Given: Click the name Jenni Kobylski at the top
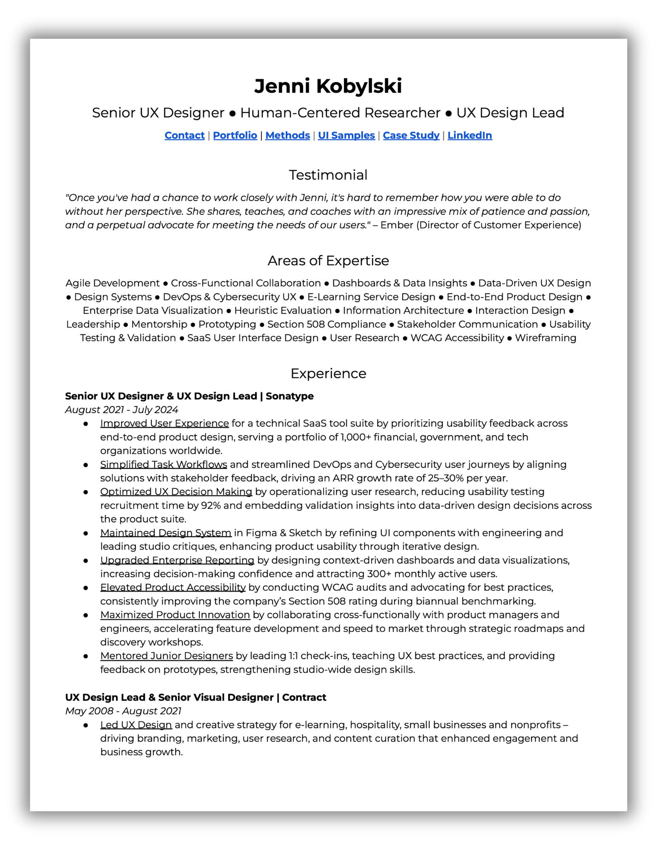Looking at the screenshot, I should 328,86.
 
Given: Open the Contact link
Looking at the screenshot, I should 185,135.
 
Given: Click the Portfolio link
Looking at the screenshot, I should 235,135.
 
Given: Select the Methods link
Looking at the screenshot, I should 287,135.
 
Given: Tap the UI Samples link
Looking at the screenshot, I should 346,135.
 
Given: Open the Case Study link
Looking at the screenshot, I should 411,135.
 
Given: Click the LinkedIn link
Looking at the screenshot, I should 469,135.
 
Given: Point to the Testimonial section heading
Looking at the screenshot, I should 328,175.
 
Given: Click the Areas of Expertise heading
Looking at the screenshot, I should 328,261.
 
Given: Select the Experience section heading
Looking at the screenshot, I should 328,373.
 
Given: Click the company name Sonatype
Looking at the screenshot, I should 290,396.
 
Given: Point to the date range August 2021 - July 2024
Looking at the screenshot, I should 121,410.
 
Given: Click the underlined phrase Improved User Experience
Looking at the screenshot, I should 164,423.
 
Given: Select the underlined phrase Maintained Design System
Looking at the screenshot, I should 165,533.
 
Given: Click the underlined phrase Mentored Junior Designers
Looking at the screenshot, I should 166,656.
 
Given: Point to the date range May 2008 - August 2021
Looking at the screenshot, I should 123,711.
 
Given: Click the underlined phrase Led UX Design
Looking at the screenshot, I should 136,725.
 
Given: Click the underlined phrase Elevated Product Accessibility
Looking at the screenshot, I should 173,587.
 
